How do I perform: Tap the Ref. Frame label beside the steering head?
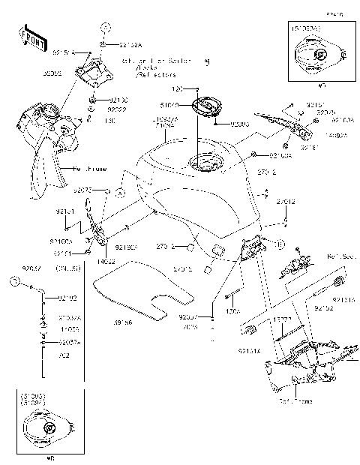(85, 168)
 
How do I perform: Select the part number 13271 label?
(282, 319)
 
